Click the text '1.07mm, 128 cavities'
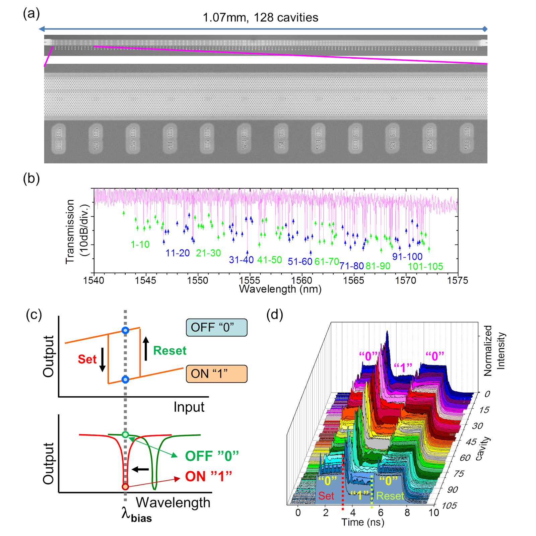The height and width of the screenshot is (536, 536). [260, 17]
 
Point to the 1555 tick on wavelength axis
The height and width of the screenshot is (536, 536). [249, 280]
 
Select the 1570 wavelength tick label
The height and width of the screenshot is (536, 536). [405, 280]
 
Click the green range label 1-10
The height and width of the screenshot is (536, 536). [140, 244]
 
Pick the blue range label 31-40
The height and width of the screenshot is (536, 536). [241, 260]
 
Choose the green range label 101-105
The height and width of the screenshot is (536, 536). [425, 266]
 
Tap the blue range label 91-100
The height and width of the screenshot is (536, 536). [407, 257]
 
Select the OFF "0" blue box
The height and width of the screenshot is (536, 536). [216, 327]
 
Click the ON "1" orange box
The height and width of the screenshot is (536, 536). [216, 374]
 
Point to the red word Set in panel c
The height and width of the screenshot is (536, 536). [87, 359]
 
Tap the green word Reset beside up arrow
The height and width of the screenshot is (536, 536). [170, 350]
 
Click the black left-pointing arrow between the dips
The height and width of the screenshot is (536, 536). [140, 469]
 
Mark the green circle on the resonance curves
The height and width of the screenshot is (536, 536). [125, 435]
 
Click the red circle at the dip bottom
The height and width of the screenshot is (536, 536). [125, 486]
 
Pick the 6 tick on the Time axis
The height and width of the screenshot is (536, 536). [381, 513]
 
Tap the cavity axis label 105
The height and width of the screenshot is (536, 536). [449, 506]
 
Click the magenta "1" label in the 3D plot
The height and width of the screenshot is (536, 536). [403, 367]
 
